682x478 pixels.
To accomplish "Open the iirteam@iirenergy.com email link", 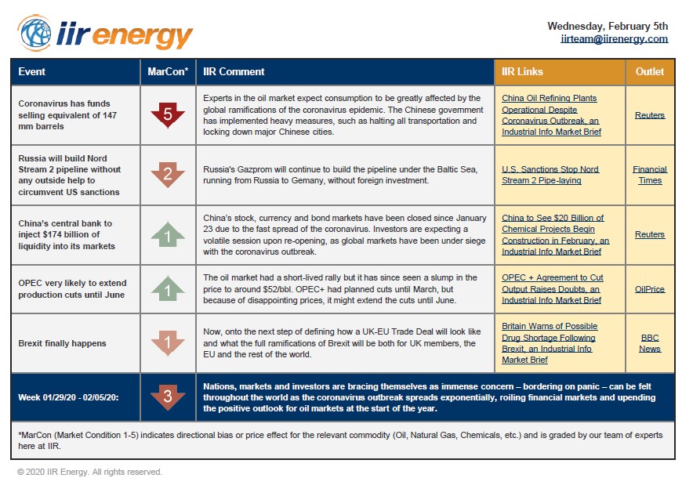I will coord(614,38).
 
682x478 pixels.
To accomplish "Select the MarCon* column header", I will coord(168,71).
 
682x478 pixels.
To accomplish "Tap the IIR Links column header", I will coord(522,71).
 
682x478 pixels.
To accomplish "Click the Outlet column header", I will coord(649,71).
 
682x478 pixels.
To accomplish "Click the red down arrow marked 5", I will coord(168,114).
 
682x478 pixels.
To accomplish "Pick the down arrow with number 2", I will coord(168,174).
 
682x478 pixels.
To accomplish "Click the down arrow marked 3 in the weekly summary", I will coord(168,396).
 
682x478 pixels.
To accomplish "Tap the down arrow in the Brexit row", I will coord(168,342).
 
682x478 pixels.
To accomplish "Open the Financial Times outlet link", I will coord(650,175).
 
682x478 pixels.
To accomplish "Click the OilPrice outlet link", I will coord(650,289).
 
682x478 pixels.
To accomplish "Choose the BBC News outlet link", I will coord(650,343).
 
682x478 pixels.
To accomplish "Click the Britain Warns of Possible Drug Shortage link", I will coord(549,343).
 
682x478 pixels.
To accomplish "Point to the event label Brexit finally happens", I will coord(62,343).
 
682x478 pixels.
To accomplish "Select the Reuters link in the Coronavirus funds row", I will coord(650,115).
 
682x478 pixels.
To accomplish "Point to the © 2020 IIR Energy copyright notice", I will coord(89,472).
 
